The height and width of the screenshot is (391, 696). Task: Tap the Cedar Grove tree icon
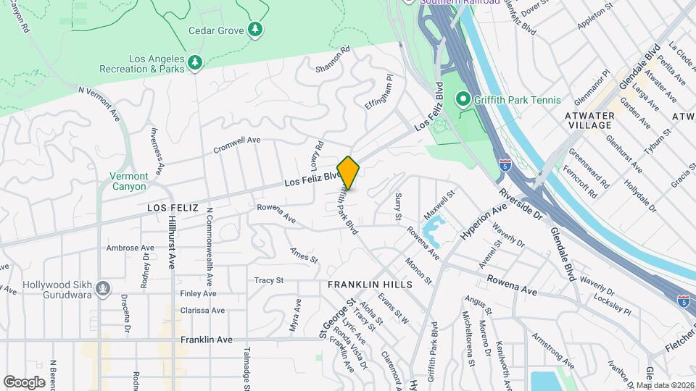254,30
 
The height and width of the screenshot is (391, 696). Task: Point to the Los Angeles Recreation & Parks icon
194,64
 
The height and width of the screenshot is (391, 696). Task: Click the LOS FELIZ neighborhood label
173,208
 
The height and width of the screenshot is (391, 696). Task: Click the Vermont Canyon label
129,181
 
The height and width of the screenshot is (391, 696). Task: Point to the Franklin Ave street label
207,339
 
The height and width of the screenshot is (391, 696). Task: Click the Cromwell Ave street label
236,145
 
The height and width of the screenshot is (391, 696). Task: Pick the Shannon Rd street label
333,60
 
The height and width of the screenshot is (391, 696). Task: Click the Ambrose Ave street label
130,248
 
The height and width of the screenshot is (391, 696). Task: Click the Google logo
24,382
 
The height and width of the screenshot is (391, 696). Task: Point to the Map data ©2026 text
665,385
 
